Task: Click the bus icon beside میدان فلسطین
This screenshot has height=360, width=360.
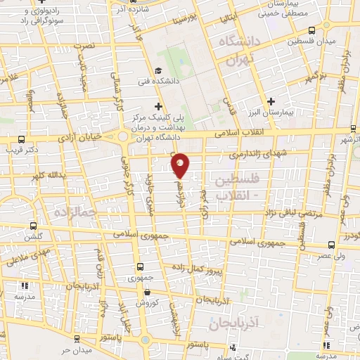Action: click(x=312, y=30)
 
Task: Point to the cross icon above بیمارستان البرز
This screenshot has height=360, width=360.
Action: click(x=271, y=102)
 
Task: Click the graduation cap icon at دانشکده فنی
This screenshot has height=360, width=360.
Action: click(x=159, y=70)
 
